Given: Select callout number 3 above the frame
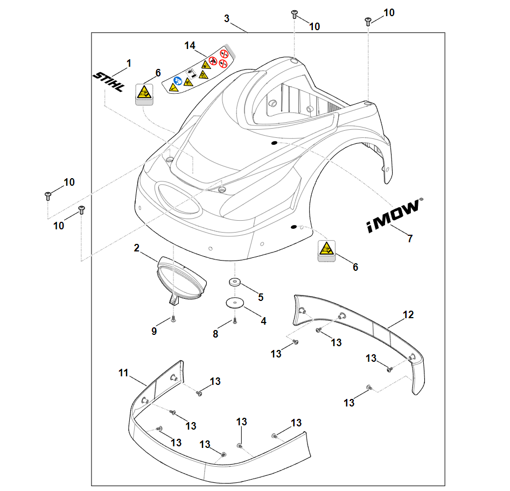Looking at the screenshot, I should pyautogui.click(x=227, y=18).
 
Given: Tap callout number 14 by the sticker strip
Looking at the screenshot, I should pyautogui.click(x=190, y=46).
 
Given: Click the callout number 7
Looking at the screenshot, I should pyautogui.click(x=410, y=239).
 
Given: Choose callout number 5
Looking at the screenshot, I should pyautogui.click(x=261, y=297).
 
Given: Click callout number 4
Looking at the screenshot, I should pyautogui.click(x=263, y=320).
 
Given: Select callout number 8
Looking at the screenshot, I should pyautogui.click(x=215, y=334).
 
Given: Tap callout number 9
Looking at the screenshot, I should pyautogui.click(x=154, y=331).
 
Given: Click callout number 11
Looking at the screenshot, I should pyautogui.click(x=124, y=373).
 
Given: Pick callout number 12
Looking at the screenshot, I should pyautogui.click(x=409, y=314).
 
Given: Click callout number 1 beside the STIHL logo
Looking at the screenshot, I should pyautogui.click(x=129, y=64).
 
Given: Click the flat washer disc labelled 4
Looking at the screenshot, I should pyautogui.click(x=234, y=303).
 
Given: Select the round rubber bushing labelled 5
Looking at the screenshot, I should pyautogui.click(x=235, y=282).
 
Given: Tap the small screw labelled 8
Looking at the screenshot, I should pyautogui.click(x=235, y=321).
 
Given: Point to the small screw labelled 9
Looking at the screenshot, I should pyautogui.click(x=173, y=319).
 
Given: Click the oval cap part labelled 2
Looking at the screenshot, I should pyautogui.click(x=181, y=277).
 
